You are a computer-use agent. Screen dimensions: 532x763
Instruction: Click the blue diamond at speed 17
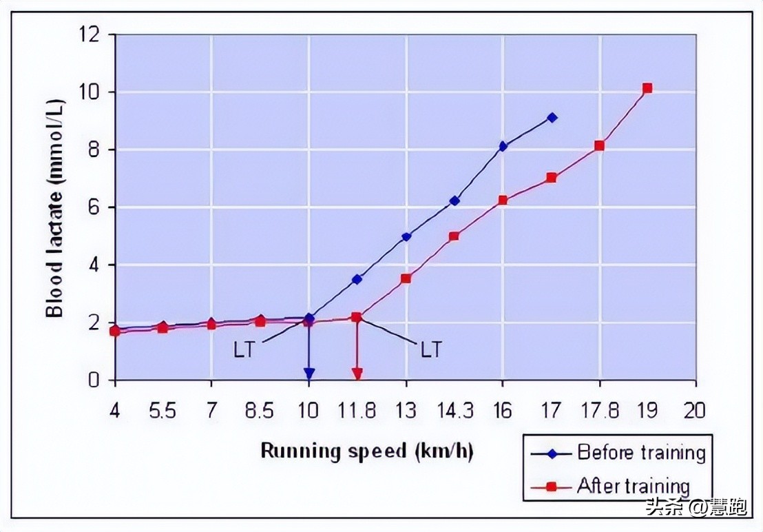coord(552,118)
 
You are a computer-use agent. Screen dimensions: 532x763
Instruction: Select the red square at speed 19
coord(647,88)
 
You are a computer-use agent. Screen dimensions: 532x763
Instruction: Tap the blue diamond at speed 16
coord(503,146)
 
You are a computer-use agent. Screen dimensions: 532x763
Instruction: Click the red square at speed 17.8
coord(600,145)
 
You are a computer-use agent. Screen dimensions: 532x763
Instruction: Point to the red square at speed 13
coord(406,278)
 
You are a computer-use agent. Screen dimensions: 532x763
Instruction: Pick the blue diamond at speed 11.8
coord(357,279)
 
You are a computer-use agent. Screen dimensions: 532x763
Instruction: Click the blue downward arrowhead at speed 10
coord(309,374)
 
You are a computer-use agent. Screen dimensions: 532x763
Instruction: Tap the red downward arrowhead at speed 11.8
coord(357,374)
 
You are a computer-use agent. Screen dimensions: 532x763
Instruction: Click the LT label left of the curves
coord(244,349)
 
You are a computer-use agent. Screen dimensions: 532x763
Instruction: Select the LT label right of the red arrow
coord(431,349)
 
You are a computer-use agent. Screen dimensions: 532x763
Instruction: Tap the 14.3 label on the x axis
coord(454,411)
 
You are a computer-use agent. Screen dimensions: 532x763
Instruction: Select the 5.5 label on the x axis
coord(163,411)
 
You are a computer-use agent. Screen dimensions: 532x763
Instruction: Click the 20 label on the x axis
coord(695,411)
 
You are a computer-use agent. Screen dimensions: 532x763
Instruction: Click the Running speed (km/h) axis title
coord(367,451)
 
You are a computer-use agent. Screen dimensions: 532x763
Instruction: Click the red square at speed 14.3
coord(454,236)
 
